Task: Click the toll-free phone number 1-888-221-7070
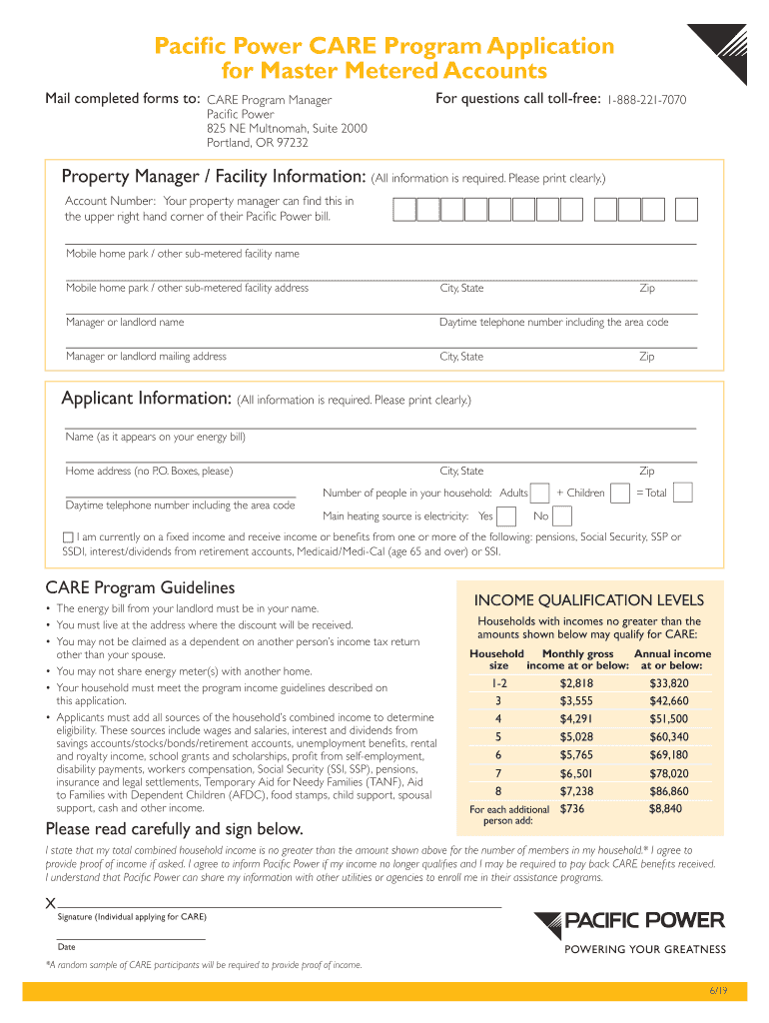point(646,100)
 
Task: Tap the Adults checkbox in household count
point(539,493)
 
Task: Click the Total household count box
point(683,493)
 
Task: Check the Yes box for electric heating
point(506,516)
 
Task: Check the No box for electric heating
point(562,516)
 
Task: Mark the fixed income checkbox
point(68,537)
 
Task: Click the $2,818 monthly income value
point(576,683)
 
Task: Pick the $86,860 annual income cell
point(668,791)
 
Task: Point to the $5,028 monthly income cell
point(576,737)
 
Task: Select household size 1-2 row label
point(498,683)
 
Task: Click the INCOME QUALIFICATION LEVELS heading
point(588,600)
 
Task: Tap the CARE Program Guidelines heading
point(140,587)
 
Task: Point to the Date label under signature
point(67,947)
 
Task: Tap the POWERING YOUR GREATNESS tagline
point(645,949)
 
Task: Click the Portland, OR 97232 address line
point(258,143)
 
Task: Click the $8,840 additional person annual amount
point(665,809)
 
